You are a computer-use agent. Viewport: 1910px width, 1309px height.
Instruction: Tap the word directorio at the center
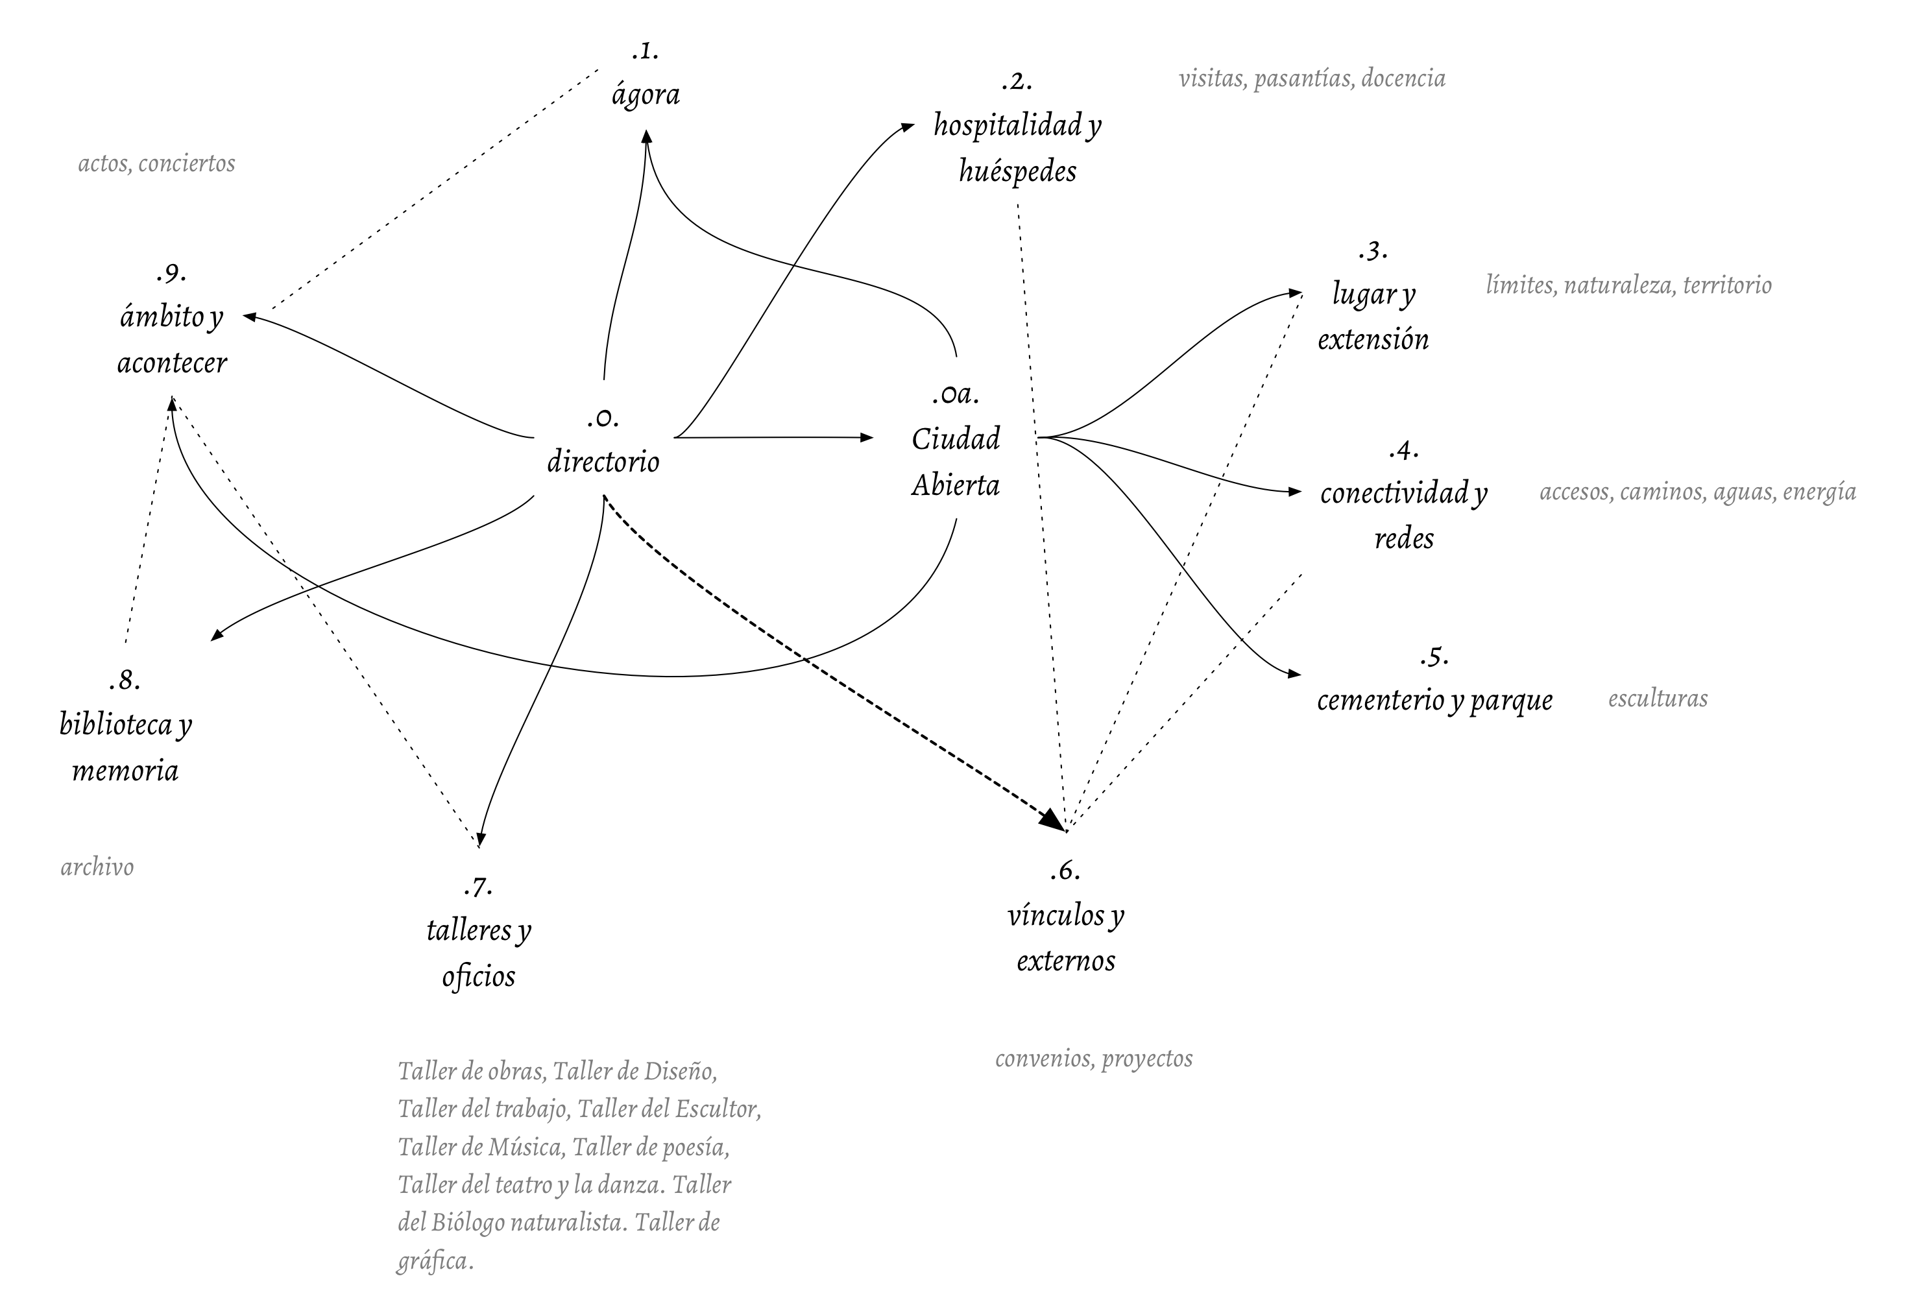603,462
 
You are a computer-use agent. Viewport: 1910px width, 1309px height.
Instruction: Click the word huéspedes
1017,172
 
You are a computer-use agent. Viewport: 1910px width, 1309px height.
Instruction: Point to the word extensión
1373,339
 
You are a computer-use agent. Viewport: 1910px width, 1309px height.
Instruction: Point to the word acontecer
172,363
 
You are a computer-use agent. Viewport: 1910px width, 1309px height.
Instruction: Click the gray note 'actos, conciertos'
156,163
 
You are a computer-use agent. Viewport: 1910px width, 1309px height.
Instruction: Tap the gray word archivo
97,867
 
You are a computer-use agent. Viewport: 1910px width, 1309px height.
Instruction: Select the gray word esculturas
1657,699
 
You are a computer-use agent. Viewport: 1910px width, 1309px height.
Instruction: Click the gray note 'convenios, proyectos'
1093,1059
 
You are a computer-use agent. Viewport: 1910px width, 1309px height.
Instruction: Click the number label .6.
1065,871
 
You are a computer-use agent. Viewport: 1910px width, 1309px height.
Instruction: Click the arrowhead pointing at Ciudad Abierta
866,438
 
